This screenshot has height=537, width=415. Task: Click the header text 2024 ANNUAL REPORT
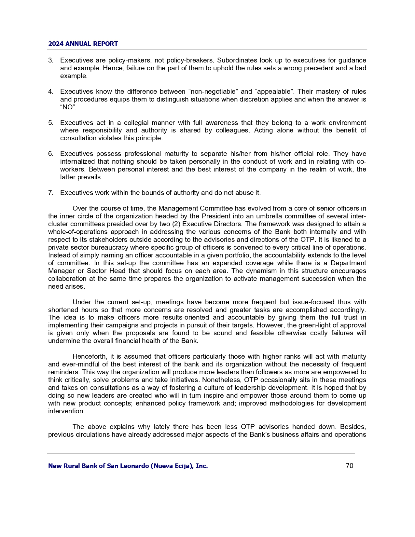(83, 44)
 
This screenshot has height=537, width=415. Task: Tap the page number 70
(349, 466)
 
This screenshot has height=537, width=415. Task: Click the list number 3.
(50, 61)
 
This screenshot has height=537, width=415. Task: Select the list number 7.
(50, 193)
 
